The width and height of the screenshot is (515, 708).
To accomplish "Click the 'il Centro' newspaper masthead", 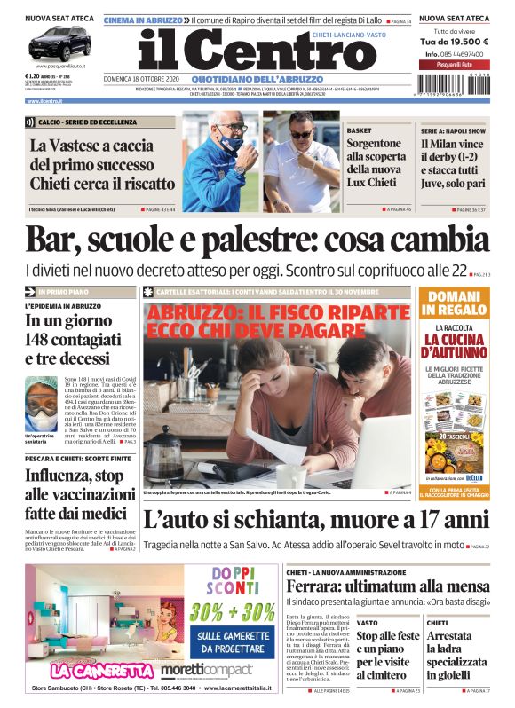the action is click(x=244, y=51).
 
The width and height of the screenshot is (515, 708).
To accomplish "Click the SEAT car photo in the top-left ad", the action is click(x=59, y=43).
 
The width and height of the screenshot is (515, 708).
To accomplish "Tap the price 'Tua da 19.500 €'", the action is click(x=454, y=42).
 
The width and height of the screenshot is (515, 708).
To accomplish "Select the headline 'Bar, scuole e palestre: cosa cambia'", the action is click(x=257, y=240).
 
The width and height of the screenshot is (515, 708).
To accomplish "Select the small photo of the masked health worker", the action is click(x=42, y=397).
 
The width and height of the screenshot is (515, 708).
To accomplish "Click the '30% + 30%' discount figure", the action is click(x=232, y=611).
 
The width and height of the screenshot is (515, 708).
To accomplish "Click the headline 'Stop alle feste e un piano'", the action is click(x=387, y=655).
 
